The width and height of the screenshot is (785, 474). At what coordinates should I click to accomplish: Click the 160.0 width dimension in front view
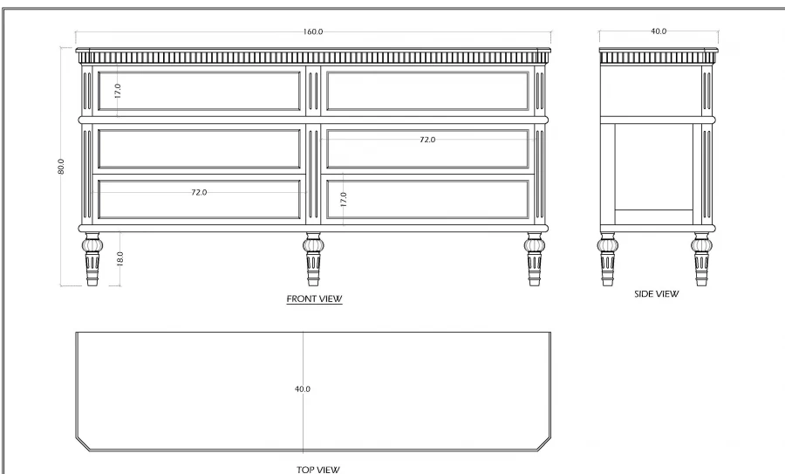313,31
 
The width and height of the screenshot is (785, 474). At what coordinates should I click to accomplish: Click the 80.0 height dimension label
61,166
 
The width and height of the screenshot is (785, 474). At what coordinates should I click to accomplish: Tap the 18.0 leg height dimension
119,259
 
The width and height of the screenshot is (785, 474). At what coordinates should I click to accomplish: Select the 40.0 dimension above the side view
659,31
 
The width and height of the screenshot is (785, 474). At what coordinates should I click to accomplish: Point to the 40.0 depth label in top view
302,388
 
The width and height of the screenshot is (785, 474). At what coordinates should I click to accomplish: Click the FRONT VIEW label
314,299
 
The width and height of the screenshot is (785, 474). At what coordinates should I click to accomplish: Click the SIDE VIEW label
656,294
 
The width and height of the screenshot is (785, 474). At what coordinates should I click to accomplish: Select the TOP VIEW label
317,470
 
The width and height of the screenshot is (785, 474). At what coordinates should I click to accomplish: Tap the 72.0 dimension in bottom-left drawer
199,192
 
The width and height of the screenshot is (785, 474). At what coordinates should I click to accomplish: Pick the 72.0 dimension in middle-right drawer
427,140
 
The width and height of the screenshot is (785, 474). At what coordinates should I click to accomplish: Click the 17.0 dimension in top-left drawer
117,89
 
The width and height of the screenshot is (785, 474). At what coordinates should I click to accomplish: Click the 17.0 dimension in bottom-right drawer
344,200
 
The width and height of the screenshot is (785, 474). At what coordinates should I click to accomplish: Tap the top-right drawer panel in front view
427,91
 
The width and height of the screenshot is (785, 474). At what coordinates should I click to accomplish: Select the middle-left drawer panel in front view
199,148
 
